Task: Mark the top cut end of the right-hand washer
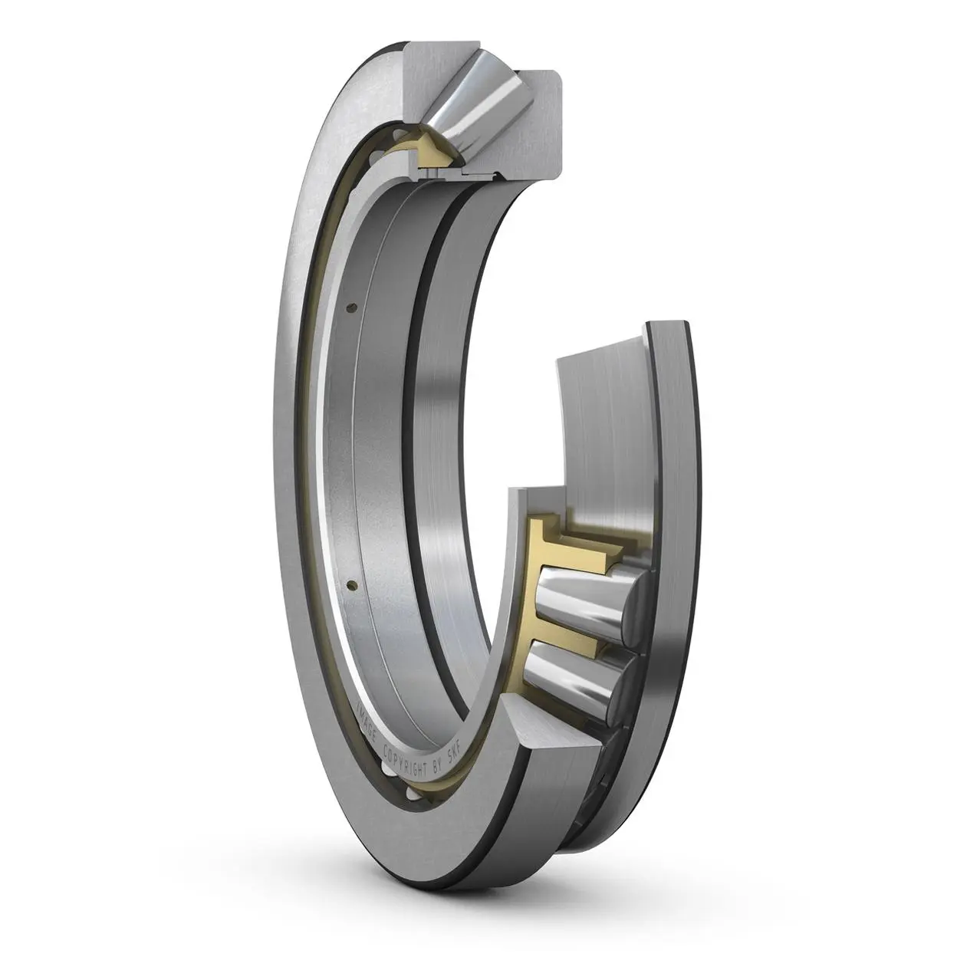click(x=667, y=326)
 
